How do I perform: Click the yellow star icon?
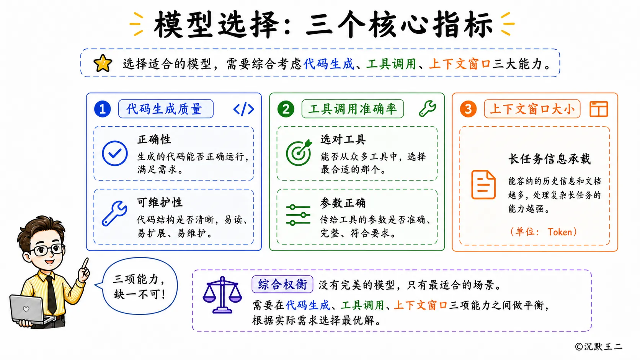103,63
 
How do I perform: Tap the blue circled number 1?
102,109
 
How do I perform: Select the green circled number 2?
286,109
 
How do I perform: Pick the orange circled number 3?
468,109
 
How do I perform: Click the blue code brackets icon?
244,109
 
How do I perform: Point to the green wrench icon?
428,109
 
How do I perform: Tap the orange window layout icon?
599,109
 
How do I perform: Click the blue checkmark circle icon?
115,153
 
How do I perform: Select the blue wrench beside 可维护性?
114,213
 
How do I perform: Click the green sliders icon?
298,215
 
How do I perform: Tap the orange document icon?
483,184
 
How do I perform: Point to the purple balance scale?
222,295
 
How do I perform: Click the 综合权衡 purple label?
282,284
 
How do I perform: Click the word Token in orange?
560,232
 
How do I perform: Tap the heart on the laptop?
26,309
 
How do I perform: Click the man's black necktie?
51,295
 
